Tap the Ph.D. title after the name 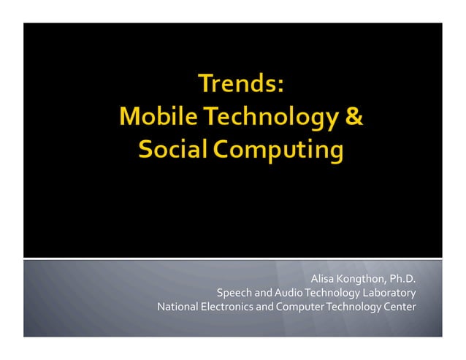pyautogui.click(x=402, y=279)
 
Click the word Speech pyautogui.click(x=234, y=293)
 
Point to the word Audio pyautogui.click(x=290, y=293)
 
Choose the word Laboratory pyautogui.click(x=389, y=293)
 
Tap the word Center pyautogui.click(x=400, y=307)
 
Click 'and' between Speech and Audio pyautogui.click(x=263, y=293)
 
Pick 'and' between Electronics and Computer pyautogui.click(x=265, y=307)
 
